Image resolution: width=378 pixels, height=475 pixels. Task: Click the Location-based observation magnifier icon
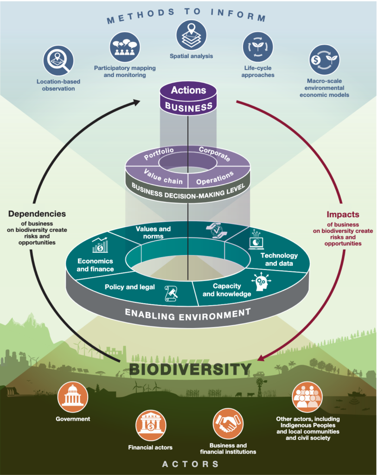click(x=58, y=61)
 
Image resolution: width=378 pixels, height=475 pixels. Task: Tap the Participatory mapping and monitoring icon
click(x=125, y=47)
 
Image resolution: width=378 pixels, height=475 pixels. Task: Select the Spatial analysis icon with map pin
click(x=192, y=35)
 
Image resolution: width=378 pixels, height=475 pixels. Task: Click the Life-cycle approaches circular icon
click(x=258, y=47)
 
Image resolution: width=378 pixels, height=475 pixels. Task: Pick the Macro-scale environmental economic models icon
click(x=324, y=60)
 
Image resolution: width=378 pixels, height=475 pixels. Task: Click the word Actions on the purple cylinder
click(x=188, y=90)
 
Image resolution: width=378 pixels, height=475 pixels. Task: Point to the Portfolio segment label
click(x=159, y=153)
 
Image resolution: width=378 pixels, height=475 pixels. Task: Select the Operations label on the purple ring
click(x=215, y=178)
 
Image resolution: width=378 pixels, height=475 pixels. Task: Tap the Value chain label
click(x=163, y=177)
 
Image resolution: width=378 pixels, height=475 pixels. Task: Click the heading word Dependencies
click(x=37, y=213)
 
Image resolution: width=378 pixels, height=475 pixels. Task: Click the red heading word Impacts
click(x=343, y=214)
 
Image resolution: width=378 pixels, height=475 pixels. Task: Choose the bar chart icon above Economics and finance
click(x=100, y=245)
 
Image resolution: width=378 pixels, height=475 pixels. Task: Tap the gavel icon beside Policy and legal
click(x=171, y=293)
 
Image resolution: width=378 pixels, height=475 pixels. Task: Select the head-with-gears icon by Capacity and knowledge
click(x=262, y=282)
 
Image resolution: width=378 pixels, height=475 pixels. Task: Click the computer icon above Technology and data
click(x=256, y=240)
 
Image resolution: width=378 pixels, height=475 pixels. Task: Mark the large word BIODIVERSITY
click(x=190, y=370)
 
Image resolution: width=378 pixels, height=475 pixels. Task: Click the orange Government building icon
click(x=73, y=397)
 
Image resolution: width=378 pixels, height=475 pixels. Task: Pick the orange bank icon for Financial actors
click(x=151, y=426)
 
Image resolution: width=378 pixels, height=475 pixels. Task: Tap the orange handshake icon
click(x=228, y=424)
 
